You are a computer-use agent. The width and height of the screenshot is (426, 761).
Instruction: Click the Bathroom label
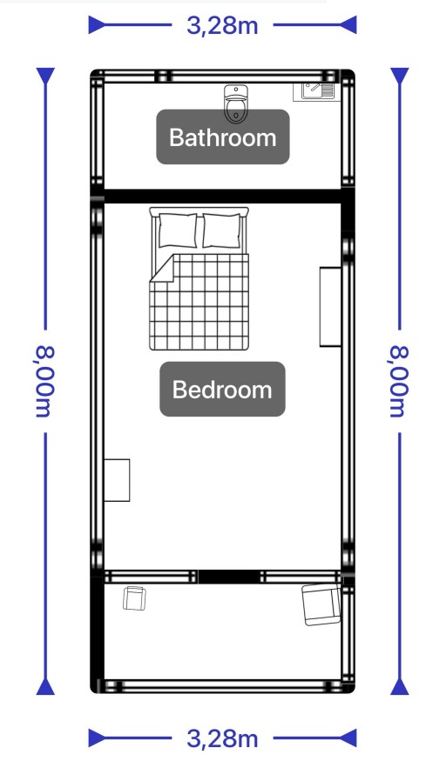(223, 137)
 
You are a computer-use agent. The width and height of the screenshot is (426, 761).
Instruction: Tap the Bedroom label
(222, 390)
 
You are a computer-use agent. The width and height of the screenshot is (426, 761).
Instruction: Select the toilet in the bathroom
(236, 103)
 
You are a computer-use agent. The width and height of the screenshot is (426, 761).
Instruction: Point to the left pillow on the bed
(178, 230)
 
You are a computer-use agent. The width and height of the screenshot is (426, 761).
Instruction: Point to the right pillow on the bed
(221, 230)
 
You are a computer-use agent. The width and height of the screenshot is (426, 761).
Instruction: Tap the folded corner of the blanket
(162, 269)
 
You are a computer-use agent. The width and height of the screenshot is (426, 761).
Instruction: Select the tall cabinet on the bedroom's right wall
(330, 307)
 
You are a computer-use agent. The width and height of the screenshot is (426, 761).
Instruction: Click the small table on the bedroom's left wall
(117, 480)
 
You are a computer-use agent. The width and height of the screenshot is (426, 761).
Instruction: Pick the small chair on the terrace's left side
(135, 598)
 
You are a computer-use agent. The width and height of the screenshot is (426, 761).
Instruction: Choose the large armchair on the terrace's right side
(321, 604)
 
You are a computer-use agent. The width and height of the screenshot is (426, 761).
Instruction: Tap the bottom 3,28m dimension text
(222, 738)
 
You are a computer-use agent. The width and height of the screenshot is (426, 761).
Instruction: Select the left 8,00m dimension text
(44, 382)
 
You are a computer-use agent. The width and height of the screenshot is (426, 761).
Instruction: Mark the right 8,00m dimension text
(399, 382)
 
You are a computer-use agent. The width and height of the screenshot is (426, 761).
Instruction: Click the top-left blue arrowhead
(97, 24)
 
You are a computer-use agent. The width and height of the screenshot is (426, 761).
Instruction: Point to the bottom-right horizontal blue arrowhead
(348, 738)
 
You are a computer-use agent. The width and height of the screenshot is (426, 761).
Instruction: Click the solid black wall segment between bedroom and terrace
(228, 577)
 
